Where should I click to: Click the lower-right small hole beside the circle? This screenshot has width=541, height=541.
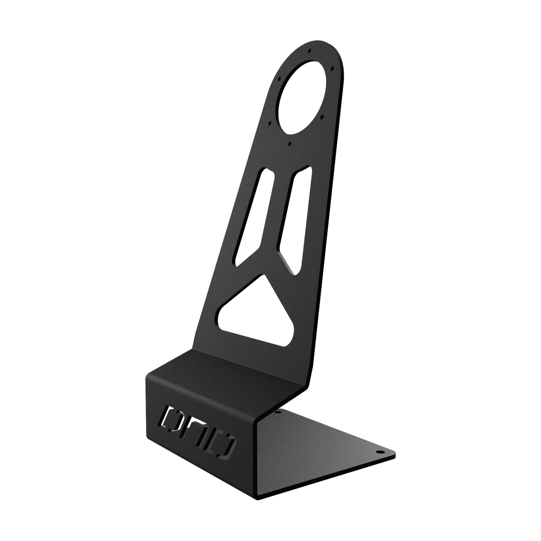(x=323, y=117)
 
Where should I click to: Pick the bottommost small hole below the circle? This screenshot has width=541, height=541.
(x=290, y=143)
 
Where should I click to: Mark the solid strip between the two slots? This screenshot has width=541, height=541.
(x=277, y=213)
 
